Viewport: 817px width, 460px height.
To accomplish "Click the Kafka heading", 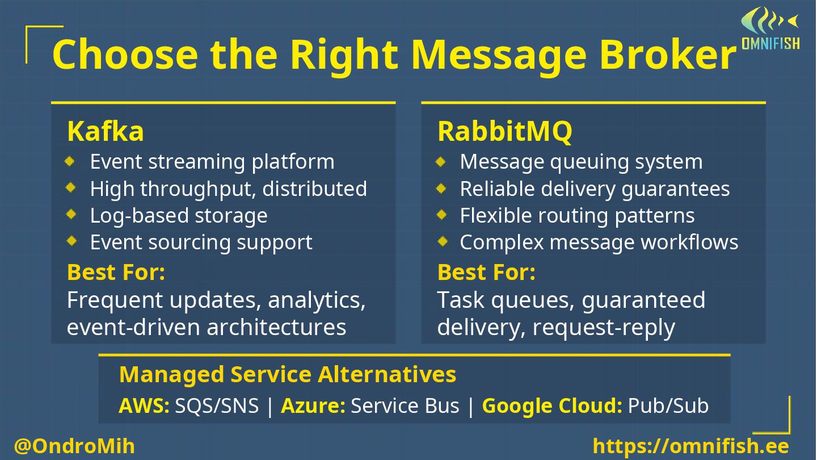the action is pos(106,132).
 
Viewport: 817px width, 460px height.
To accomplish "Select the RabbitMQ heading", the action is pos(504,132).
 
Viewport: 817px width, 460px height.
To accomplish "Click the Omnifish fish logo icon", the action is pos(769,22).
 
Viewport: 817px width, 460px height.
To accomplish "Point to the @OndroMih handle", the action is pos(74,446).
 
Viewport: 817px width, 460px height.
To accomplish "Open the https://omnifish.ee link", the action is pos(690,446).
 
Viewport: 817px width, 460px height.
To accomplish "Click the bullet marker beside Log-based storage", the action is pos(71,215).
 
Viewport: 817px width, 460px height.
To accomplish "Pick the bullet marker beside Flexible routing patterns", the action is pos(441,215).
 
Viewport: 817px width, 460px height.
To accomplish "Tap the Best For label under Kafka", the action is pos(116,273).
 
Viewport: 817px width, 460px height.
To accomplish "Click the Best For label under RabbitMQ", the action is pos(486,273).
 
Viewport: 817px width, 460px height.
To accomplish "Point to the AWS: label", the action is pos(144,406).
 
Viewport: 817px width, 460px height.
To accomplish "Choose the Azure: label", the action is pos(313,406).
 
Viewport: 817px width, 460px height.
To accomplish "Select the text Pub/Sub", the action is pos(668,406).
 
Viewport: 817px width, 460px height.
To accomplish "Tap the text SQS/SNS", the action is pos(217,406).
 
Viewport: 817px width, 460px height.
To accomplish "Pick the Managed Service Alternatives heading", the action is pos(288,375).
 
